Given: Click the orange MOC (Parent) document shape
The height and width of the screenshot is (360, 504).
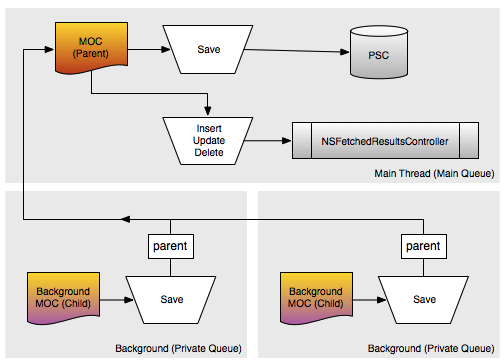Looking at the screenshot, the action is coord(91,48).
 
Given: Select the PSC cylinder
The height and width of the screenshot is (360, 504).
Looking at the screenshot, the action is coord(379,52).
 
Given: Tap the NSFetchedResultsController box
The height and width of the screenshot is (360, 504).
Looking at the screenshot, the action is coord(385,141).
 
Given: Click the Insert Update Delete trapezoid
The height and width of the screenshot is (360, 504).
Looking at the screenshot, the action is coord(208,141).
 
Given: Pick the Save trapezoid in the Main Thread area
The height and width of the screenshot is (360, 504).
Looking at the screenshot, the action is coord(208,49).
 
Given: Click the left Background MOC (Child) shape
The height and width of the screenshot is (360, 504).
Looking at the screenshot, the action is coord(63,298).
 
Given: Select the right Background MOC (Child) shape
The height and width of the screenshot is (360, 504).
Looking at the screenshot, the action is coord(316,298).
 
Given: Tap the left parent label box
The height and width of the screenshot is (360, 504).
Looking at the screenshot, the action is coord(171,246).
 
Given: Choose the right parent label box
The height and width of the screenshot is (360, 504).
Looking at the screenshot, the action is coord(424,246).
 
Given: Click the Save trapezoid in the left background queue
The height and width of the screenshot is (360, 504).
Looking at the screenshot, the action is coord(171,300).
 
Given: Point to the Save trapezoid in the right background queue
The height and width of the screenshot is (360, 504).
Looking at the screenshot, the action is coord(424,300).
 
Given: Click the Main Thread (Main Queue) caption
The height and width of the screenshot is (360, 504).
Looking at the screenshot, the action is coord(434,174).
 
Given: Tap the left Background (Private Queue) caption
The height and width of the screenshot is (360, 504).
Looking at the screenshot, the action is coord(178,348).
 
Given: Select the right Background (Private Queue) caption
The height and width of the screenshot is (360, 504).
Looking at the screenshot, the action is coord(431,348).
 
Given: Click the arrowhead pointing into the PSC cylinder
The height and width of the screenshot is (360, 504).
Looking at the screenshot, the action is coord(345,52).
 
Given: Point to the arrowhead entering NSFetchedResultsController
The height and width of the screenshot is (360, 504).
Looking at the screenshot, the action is coord(287,141).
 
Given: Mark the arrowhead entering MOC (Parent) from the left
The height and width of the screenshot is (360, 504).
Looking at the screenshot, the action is coord(49,50).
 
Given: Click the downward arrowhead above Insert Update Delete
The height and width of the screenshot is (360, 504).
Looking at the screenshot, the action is coord(208,111).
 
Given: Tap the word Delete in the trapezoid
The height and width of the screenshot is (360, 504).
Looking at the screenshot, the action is coord(209,153).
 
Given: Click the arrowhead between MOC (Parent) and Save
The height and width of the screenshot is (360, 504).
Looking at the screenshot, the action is coord(166,50).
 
